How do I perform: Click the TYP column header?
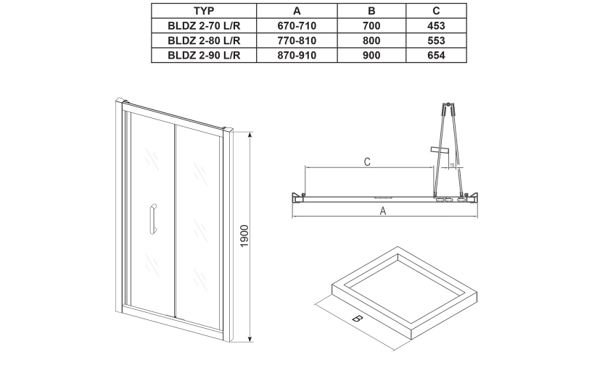pos(204,11)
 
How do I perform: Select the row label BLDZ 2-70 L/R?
pos(204,26)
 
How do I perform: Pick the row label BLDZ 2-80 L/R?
pos(204,41)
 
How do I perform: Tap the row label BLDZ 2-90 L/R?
pos(204,55)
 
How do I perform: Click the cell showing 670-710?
pos(297,26)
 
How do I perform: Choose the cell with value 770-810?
pos(297,41)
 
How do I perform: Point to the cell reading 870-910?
pos(297,55)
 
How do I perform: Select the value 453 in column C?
pos(436,26)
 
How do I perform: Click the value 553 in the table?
pos(436,41)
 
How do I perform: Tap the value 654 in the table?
pos(436,55)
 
